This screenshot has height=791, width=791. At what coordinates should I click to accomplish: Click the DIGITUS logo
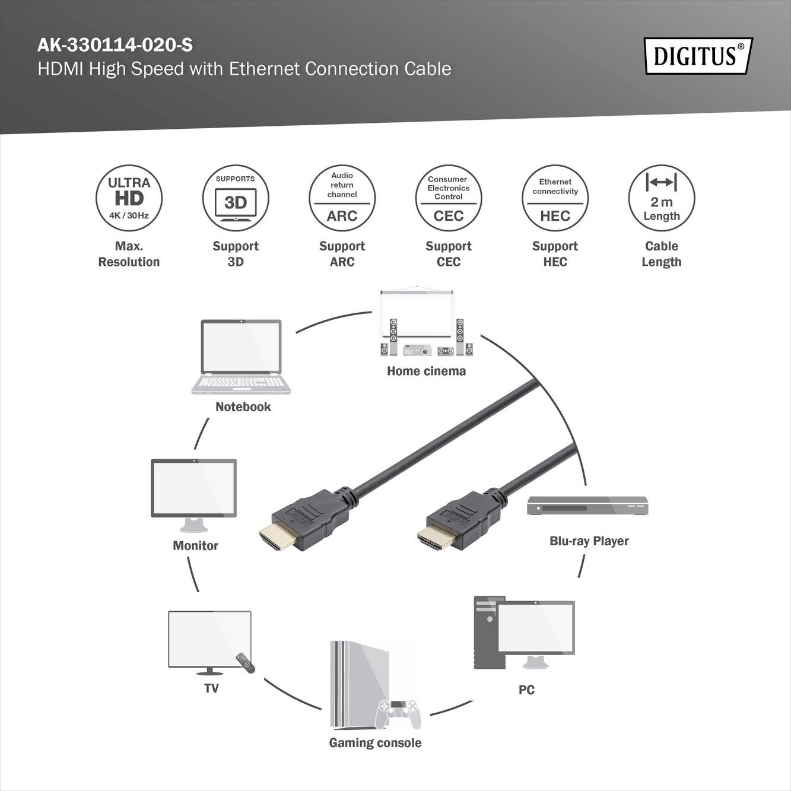pyautogui.click(x=698, y=56)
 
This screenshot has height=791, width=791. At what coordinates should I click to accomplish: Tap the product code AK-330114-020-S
pyautogui.click(x=115, y=45)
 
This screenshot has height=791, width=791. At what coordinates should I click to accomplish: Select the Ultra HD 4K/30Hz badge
pyautogui.click(x=129, y=198)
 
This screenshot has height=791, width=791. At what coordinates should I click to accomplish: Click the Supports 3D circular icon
pyautogui.click(x=236, y=198)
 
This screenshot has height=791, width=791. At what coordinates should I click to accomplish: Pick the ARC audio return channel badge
pyautogui.click(x=342, y=198)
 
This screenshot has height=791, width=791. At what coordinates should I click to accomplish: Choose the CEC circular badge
pyautogui.click(x=449, y=198)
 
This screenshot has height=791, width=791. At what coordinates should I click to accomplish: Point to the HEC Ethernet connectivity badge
pyautogui.click(x=555, y=198)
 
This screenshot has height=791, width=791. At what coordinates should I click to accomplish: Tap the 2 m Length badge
pyautogui.click(x=661, y=198)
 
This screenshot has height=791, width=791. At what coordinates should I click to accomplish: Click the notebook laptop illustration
pyautogui.click(x=241, y=356)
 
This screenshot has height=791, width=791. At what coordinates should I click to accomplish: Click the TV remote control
pyautogui.click(x=245, y=663)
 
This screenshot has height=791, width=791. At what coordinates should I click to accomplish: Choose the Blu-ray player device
pyautogui.click(x=587, y=506)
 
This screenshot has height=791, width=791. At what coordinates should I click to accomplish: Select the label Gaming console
pyautogui.click(x=375, y=743)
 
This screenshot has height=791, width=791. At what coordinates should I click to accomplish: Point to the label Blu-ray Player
pyautogui.click(x=589, y=541)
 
